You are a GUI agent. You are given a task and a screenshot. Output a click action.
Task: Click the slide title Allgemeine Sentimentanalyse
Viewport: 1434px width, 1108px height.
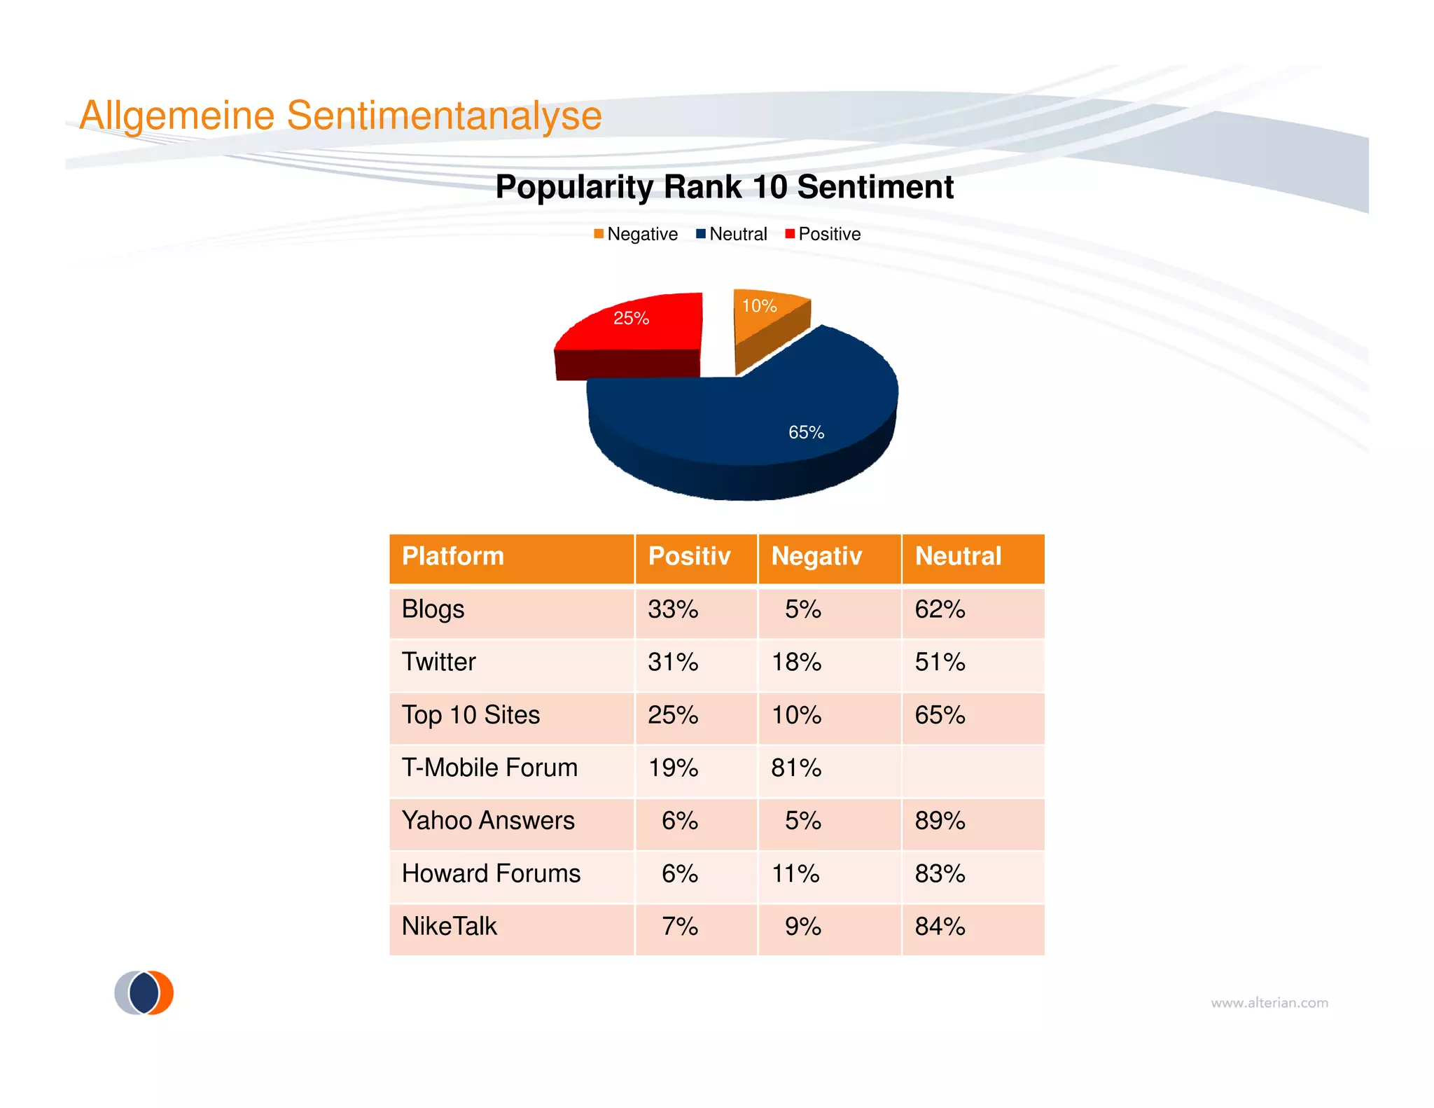click(x=340, y=116)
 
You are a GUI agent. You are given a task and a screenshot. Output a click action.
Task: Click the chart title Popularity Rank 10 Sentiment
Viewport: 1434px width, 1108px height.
click(x=724, y=187)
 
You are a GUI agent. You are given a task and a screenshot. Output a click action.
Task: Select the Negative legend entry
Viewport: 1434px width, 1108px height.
click(x=636, y=234)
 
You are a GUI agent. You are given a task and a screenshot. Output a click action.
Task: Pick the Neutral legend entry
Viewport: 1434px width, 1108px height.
click(x=732, y=234)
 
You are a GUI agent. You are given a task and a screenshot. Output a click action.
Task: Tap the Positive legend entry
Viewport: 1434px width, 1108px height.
click(x=823, y=234)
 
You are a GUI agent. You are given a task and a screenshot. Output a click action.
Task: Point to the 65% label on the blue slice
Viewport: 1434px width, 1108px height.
click(x=806, y=432)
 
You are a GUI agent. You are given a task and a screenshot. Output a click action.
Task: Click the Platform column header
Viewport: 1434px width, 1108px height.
click(x=453, y=556)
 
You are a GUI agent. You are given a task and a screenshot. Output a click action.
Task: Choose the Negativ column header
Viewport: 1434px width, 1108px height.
click(x=816, y=556)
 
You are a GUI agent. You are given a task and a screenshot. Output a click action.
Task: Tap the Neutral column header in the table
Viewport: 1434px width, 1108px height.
click(x=958, y=556)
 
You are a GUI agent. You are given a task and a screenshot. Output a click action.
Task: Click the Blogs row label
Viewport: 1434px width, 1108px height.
click(x=433, y=609)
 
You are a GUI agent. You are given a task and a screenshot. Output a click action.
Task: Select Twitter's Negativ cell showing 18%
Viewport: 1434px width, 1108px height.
click(x=796, y=662)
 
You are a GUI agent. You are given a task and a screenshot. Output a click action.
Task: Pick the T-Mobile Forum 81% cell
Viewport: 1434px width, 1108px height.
click(x=796, y=768)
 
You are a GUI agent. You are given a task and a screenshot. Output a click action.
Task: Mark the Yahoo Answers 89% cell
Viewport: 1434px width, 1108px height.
click(x=940, y=821)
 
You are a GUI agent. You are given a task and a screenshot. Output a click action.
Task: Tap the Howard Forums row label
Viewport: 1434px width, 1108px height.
click(x=491, y=873)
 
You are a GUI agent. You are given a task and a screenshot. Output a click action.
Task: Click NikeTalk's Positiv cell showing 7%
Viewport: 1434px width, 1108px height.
click(x=679, y=927)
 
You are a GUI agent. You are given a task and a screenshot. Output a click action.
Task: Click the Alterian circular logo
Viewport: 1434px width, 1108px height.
click(x=144, y=992)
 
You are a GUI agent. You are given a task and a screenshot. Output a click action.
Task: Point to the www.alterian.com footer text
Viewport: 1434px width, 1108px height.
click(x=1269, y=1003)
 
